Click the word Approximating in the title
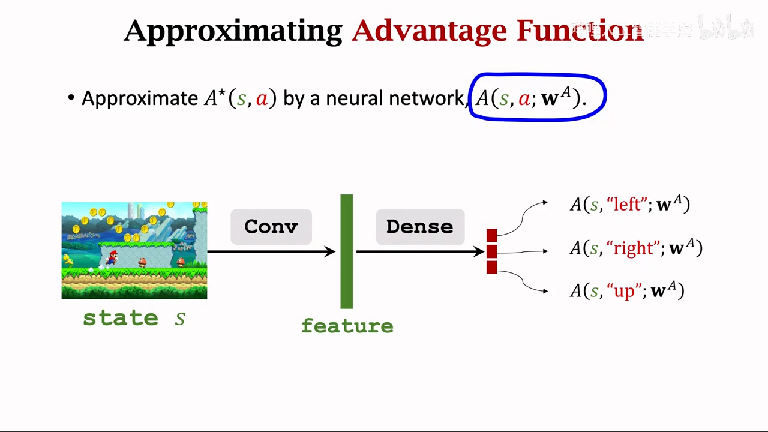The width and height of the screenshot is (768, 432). point(233,30)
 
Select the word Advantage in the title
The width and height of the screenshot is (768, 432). point(429,30)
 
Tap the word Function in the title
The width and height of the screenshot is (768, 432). point(580,30)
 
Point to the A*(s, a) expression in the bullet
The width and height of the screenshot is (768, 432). point(240,98)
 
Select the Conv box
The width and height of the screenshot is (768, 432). point(271,227)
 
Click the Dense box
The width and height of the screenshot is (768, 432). point(420,227)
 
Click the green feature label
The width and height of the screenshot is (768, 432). point(347,326)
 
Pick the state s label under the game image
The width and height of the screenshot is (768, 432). point(134,318)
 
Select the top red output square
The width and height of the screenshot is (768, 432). point(492,235)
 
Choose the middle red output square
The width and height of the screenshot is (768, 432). point(492,251)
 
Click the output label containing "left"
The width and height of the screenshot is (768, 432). point(629,205)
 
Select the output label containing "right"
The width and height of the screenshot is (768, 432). point(635,248)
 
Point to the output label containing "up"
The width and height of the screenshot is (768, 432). point(626,291)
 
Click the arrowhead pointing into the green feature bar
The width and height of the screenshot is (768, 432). point(330,251)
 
